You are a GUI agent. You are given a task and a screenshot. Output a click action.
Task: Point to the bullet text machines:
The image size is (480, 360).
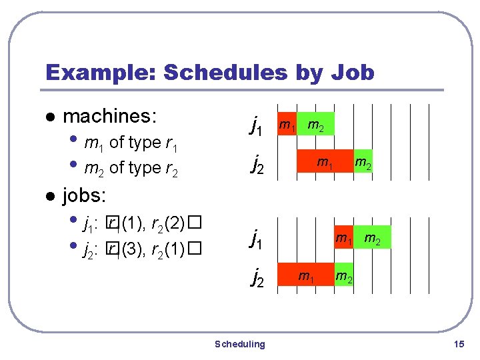[x=109, y=117]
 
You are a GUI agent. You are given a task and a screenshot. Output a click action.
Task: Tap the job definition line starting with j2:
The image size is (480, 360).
[x=140, y=249]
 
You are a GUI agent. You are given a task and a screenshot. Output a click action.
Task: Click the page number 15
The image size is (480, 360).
[x=457, y=344]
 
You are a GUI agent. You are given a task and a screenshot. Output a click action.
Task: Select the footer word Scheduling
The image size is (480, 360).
[x=239, y=344]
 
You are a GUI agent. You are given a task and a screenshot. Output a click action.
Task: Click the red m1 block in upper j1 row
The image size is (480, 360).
[x=287, y=124]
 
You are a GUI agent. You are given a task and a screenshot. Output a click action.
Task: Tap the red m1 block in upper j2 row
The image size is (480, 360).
[x=325, y=162]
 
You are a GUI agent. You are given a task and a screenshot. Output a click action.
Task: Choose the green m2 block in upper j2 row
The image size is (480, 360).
[x=363, y=162]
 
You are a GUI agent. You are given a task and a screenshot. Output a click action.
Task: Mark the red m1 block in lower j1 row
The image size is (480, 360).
[x=344, y=237]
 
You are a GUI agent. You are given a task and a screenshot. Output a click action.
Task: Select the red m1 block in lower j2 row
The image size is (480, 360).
[x=306, y=274]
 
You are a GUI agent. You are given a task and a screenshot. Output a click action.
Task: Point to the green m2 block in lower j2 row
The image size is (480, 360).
[x=344, y=274]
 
